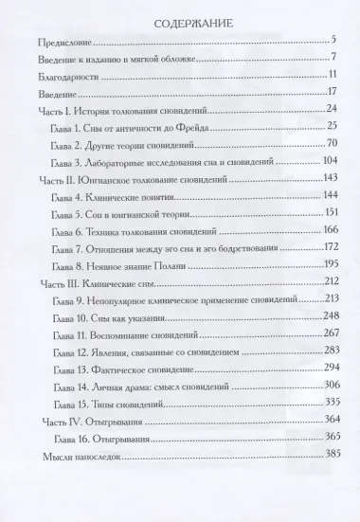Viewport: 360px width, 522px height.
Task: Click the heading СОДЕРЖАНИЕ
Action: click(179, 20)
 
